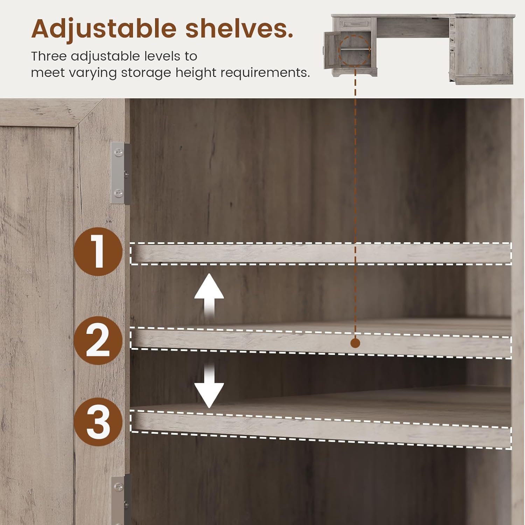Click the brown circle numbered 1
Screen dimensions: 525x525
98,251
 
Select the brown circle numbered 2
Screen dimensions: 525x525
98,340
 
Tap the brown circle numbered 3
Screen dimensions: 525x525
98,421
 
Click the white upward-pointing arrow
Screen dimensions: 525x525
209,296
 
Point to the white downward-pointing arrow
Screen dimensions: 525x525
209,385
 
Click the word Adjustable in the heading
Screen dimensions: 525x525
104,29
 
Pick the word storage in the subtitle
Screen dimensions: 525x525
146,73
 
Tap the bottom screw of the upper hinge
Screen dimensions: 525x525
119,192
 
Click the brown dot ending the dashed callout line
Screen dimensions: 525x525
355,343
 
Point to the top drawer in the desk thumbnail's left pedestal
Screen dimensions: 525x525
355,24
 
